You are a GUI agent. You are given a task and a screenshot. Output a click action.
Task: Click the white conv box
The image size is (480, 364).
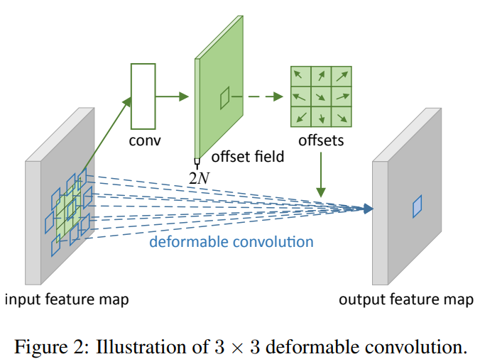pos(143,96)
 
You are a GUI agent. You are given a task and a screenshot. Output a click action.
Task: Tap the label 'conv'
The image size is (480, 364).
pos(145,140)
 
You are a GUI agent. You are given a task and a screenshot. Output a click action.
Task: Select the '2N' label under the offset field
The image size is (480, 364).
pos(200,178)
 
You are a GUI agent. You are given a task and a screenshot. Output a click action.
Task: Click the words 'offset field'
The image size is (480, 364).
pos(248,157)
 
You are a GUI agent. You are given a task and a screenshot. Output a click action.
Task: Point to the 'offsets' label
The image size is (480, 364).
pos(321,140)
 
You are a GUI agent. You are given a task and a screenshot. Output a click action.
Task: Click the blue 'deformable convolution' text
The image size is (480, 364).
pos(231,242)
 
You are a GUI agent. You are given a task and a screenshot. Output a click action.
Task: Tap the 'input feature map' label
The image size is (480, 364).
pos(67,299)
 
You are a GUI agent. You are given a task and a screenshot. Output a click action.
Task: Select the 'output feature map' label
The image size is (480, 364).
pos(406,299)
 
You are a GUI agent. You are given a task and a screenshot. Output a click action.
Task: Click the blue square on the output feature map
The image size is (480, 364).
pos(417,206)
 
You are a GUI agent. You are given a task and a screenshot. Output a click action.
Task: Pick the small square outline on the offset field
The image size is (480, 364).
pos(224,98)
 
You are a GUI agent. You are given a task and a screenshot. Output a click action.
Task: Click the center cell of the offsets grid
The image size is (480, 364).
pos(321,96)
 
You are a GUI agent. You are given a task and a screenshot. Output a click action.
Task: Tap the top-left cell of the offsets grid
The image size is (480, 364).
pos(300,76)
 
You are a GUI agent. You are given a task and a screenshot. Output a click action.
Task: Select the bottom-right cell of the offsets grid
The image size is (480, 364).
pos(342,117)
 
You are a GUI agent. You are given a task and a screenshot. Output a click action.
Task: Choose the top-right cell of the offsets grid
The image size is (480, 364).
pos(342,76)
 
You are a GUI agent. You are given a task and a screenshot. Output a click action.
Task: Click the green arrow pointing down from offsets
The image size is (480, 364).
pos(321,175)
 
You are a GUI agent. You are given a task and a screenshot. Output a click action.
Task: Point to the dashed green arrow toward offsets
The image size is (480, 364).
pos(257,96)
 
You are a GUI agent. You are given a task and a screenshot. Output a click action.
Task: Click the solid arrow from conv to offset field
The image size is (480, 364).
pos(172,96)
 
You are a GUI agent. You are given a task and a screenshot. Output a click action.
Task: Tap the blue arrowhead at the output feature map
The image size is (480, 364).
pos(368,209)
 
